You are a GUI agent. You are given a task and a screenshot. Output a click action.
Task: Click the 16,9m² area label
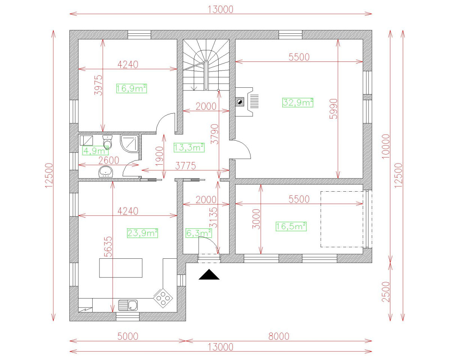[x=131, y=88]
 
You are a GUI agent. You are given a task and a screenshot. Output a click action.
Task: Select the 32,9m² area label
[x=298, y=102]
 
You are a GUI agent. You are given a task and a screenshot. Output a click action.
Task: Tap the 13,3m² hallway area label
[x=189, y=147]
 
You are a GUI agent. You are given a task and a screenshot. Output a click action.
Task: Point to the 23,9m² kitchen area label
[x=142, y=233]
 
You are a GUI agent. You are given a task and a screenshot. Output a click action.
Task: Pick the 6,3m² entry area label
[x=198, y=233]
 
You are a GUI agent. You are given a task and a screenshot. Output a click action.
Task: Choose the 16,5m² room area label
[x=291, y=226]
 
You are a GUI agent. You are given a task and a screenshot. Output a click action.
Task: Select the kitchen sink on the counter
[x=128, y=305]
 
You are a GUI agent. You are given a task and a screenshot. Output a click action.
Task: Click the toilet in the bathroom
[x=107, y=142]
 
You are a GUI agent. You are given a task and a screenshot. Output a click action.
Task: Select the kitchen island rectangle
[x=121, y=268]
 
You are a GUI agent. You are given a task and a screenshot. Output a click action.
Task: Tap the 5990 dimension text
[x=333, y=109]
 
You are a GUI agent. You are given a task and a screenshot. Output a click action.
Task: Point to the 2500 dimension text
[x=387, y=291]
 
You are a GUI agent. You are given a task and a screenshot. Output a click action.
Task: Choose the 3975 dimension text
[x=98, y=86]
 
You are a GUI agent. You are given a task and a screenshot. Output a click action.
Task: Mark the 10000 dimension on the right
[x=387, y=146]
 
